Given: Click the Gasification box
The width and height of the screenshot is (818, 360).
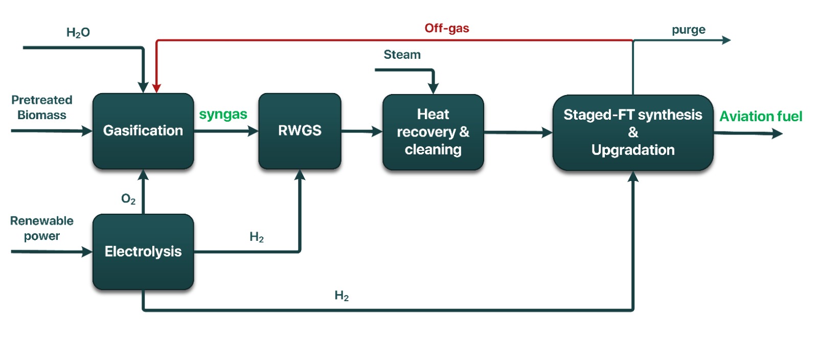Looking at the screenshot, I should click(x=143, y=131).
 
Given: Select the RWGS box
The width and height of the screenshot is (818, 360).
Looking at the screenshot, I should click(x=300, y=131).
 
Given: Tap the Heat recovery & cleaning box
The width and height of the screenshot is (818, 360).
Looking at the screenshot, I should click(x=433, y=132).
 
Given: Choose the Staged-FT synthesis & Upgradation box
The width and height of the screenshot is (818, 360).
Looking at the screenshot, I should click(x=633, y=132).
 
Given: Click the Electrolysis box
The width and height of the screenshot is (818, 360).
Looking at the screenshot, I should click(x=143, y=252).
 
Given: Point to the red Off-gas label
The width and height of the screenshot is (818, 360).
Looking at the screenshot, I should click(x=447, y=29).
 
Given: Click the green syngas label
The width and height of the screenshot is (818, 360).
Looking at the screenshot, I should click(x=223, y=115).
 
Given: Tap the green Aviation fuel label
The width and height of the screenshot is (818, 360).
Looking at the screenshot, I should click(x=761, y=117).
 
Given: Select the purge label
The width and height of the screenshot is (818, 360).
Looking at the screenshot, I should click(x=688, y=30).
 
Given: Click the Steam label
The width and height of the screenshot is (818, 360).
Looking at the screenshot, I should click(x=402, y=55).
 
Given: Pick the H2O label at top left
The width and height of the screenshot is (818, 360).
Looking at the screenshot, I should click(x=78, y=33).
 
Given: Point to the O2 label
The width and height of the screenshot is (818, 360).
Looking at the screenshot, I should click(x=128, y=199).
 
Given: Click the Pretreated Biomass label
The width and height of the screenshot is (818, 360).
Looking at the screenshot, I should click(x=42, y=107).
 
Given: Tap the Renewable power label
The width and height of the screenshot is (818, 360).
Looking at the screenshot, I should click(x=42, y=228).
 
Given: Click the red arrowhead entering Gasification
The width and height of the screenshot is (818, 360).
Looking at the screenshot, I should click(x=156, y=88).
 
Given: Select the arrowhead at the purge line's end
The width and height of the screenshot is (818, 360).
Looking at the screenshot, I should click(x=726, y=40).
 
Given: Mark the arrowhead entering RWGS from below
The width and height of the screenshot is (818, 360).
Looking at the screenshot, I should click(x=300, y=175).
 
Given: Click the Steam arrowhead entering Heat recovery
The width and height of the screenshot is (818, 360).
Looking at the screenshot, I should click(x=433, y=89).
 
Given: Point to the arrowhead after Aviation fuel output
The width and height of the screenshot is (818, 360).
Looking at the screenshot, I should click(x=777, y=133).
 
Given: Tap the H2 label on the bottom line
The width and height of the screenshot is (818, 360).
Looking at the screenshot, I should click(x=342, y=296).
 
